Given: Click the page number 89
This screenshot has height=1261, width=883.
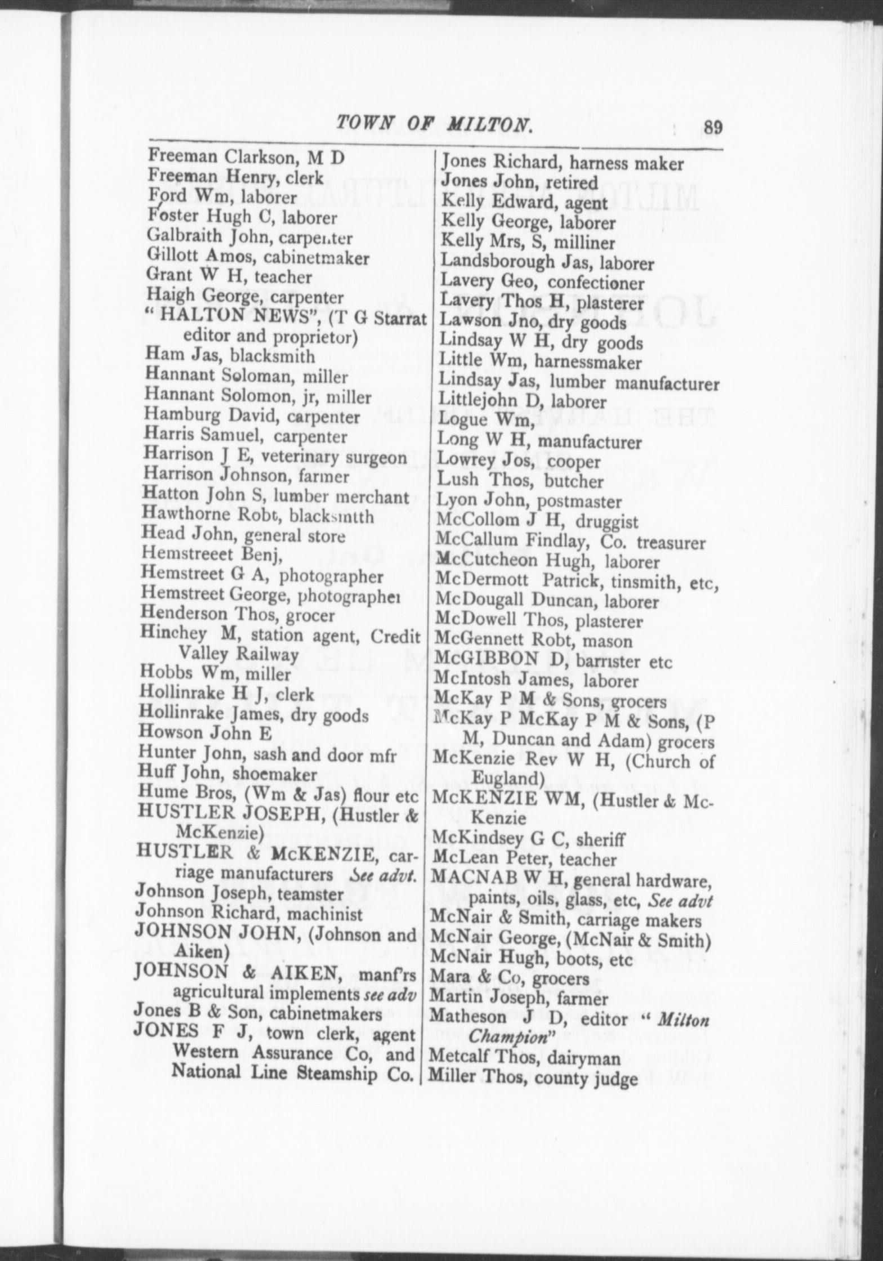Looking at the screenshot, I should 711,127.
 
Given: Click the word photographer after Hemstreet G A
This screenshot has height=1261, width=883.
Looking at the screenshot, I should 331,576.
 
